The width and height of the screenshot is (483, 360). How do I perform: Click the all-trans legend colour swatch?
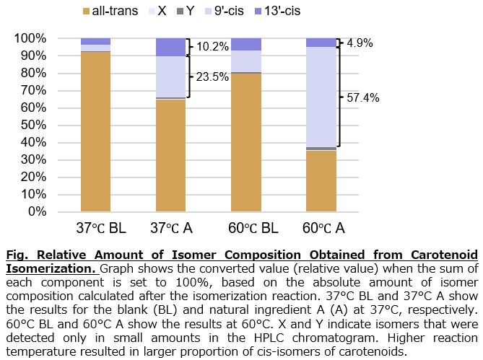point(86,12)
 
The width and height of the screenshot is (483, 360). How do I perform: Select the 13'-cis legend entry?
point(277,11)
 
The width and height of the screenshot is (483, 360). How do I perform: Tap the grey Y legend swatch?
point(180,12)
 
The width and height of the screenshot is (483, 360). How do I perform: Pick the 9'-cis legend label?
point(229,11)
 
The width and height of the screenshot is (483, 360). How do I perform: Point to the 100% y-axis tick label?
point(30,38)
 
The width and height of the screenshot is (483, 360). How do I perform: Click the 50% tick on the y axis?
point(34,125)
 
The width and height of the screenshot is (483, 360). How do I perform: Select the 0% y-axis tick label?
point(37,211)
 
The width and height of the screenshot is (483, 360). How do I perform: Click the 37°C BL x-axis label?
point(101,228)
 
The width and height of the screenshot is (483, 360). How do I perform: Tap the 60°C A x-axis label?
point(323,228)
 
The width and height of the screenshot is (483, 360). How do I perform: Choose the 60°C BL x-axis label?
point(253,228)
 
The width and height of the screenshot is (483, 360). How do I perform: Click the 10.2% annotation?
point(212,47)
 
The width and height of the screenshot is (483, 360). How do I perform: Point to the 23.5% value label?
point(212,77)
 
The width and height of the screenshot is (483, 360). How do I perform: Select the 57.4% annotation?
point(363,98)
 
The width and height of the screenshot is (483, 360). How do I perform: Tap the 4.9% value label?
point(360,43)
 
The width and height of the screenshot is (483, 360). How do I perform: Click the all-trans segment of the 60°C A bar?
point(321,181)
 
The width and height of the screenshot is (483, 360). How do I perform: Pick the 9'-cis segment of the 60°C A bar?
point(321,97)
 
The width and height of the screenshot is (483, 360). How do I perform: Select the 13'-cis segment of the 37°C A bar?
point(171,48)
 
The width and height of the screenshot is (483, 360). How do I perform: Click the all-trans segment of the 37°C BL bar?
point(95,132)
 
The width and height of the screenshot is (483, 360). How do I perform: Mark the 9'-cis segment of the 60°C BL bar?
point(246,61)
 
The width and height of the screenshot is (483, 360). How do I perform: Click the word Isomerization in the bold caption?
point(50,268)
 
